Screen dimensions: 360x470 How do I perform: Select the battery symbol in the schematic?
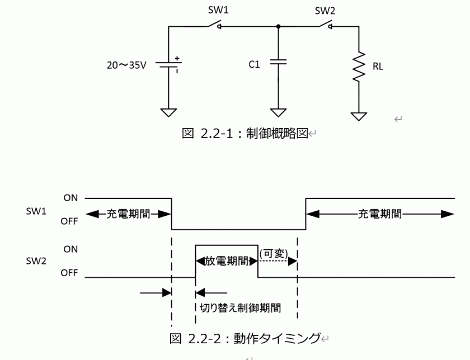click(x=168, y=64)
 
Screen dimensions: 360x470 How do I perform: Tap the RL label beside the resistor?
click(x=377, y=65)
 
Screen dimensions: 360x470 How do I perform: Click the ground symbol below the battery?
click(x=168, y=111)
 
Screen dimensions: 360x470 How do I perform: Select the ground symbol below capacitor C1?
click(x=278, y=111)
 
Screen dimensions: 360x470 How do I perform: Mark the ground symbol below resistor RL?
click(x=358, y=116)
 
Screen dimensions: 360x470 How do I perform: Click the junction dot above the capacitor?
click(x=278, y=26)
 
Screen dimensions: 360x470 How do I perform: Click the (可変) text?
click(x=274, y=253)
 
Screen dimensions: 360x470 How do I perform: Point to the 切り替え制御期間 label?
click(x=240, y=307)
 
